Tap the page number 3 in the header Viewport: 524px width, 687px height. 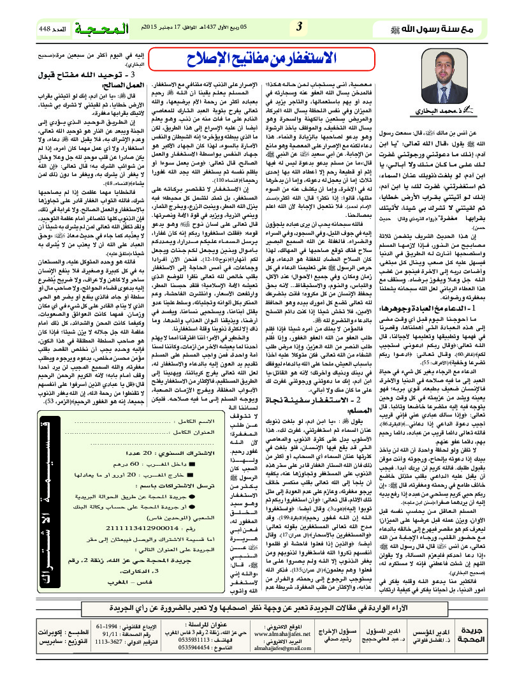tap(299, 27)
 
